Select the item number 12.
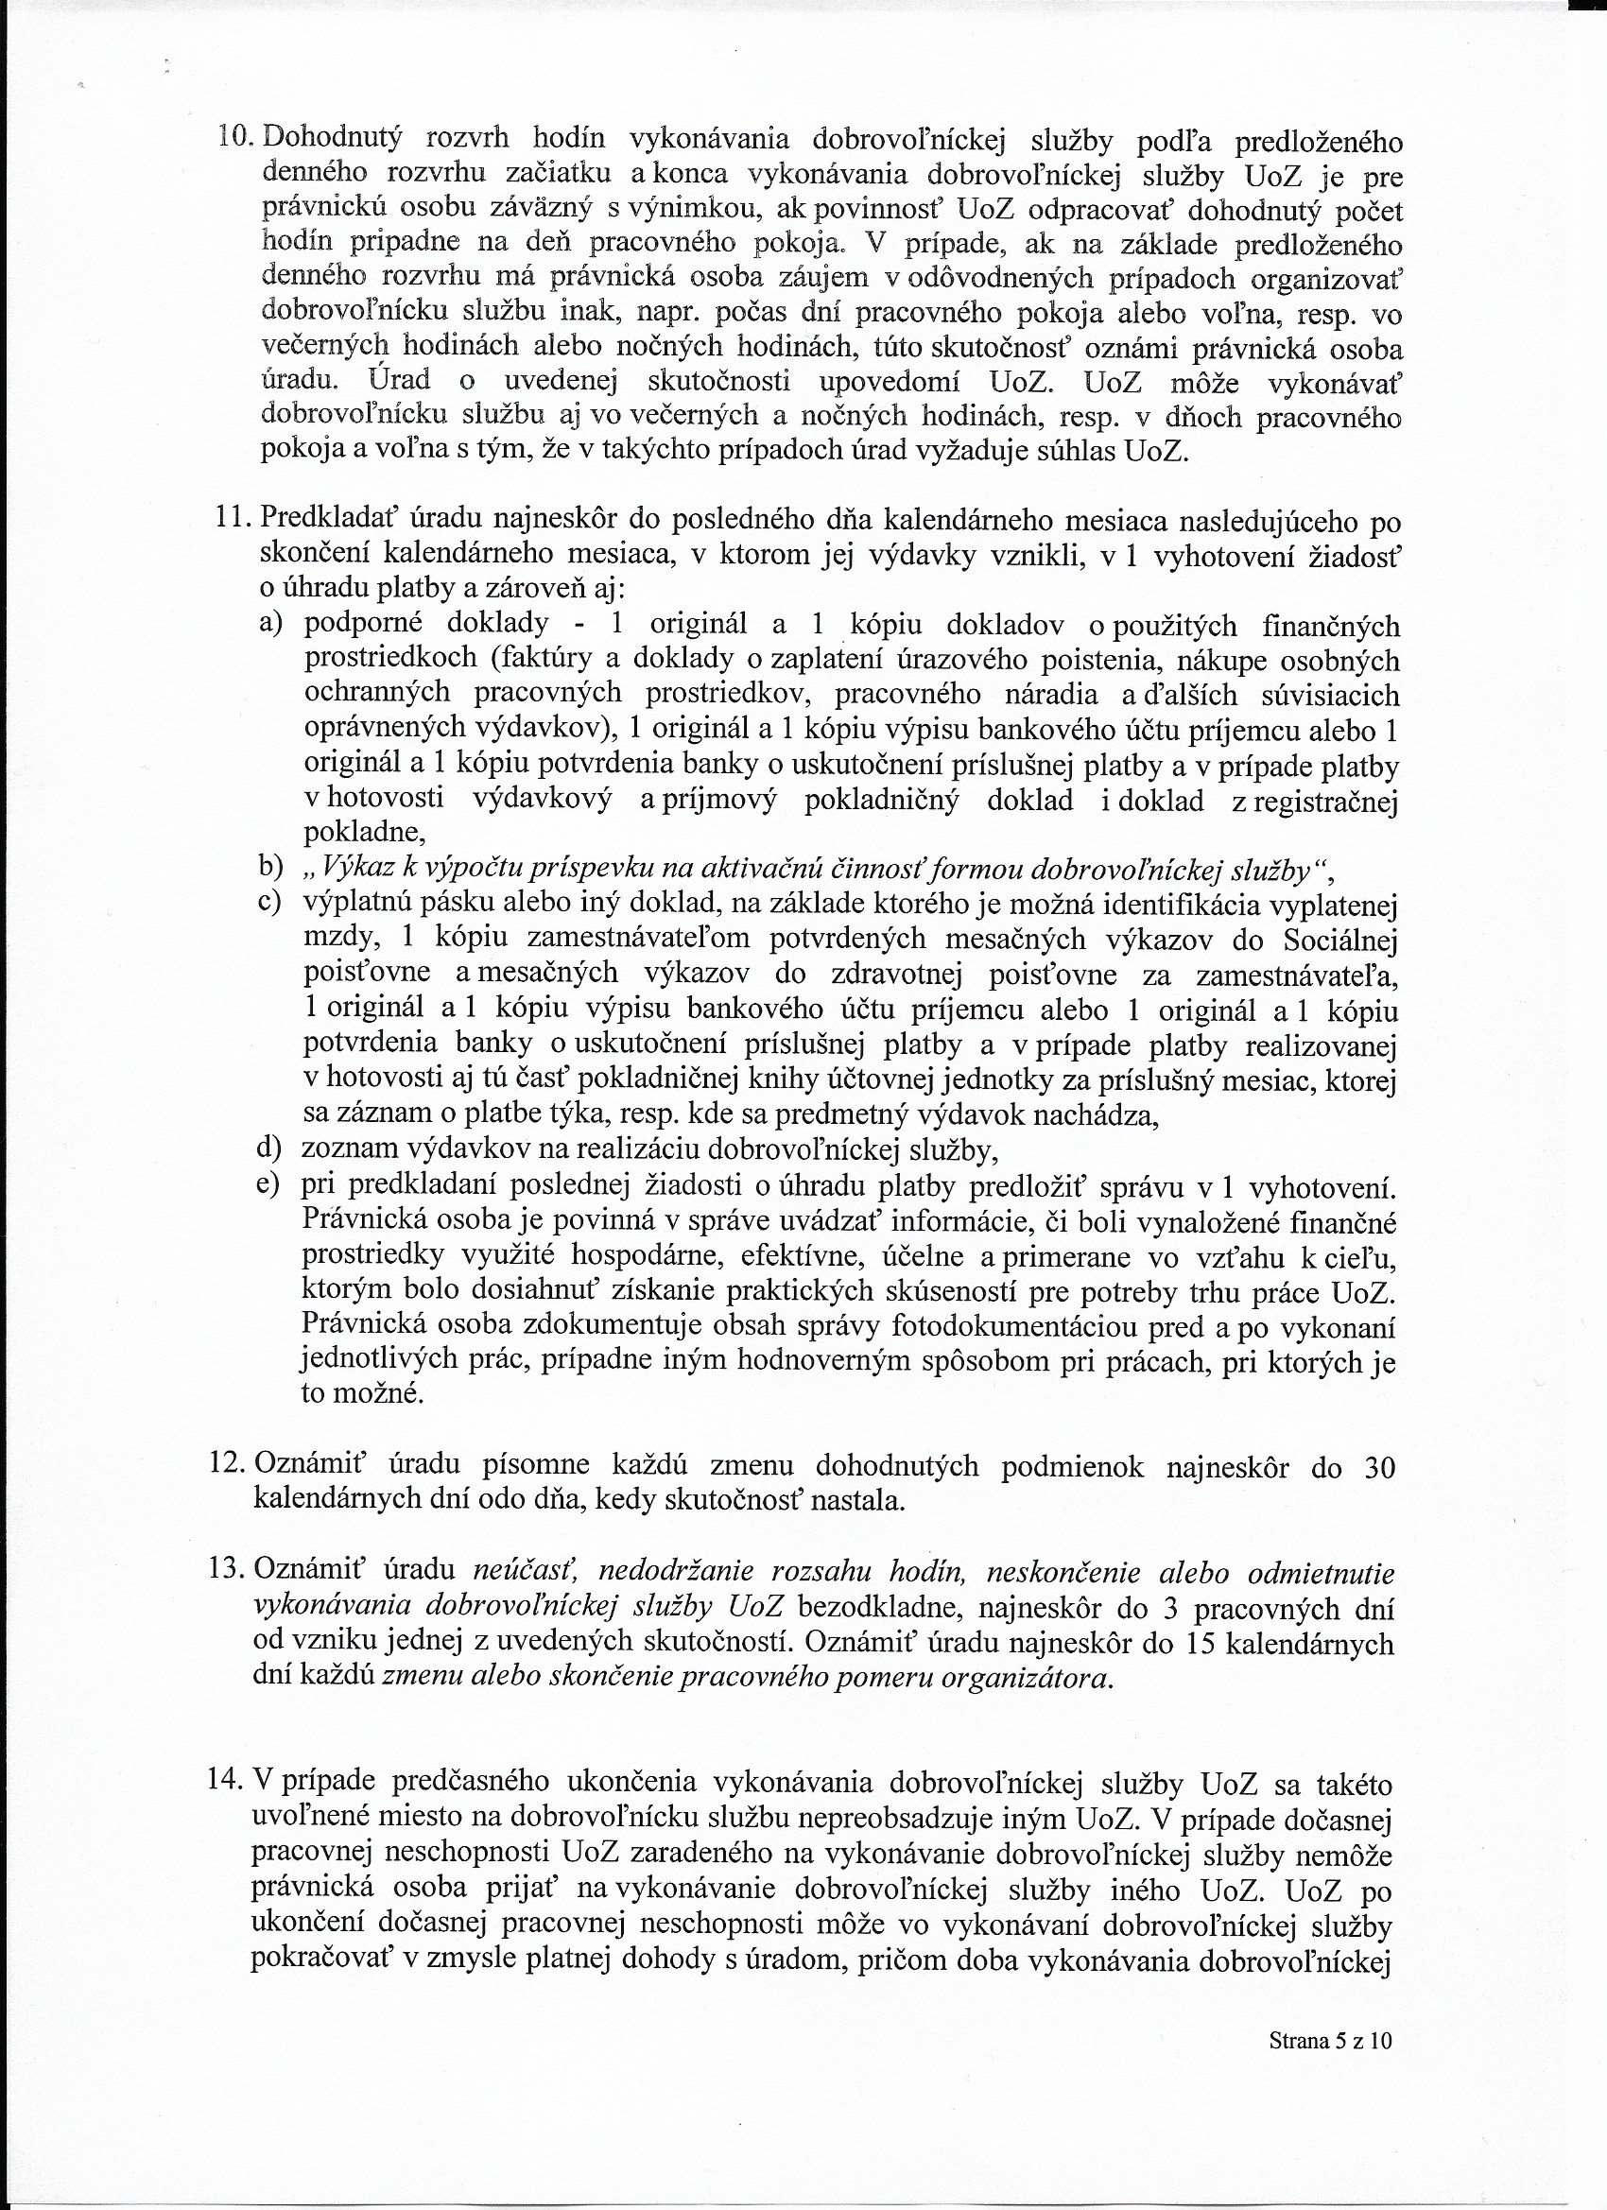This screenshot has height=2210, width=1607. (228, 1463)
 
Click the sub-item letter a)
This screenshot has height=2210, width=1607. (270, 623)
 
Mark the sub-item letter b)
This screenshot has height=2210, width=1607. (270, 867)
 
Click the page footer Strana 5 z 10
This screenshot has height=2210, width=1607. (1330, 2067)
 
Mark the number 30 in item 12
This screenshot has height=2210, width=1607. (1379, 1466)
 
